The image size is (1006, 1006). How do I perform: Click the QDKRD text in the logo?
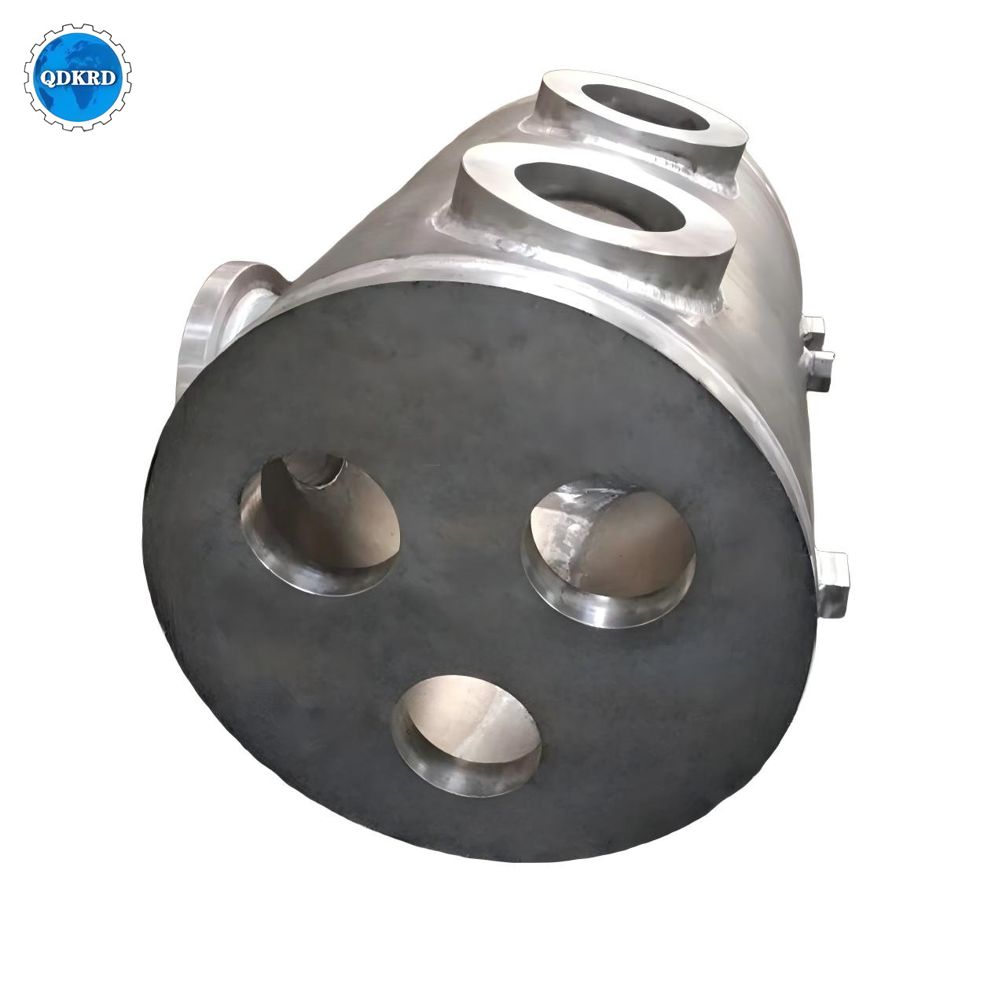click(x=78, y=79)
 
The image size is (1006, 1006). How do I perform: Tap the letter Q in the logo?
click(x=47, y=79)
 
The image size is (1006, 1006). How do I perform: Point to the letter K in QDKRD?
click(x=79, y=79)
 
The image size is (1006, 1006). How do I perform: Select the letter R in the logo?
click(x=94, y=79)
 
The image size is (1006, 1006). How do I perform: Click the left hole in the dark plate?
click(x=320, y=524)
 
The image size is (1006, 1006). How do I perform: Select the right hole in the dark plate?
click(x=608, y=553)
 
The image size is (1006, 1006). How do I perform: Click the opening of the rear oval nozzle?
click(x=644, y=107)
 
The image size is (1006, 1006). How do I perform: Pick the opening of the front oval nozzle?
click(x=600, y=196)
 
